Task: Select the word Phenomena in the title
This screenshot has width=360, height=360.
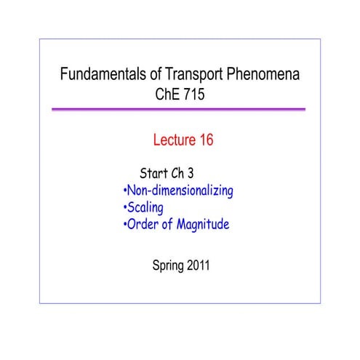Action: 265,74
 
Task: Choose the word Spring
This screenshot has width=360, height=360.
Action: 166,266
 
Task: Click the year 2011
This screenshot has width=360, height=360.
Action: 198,266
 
